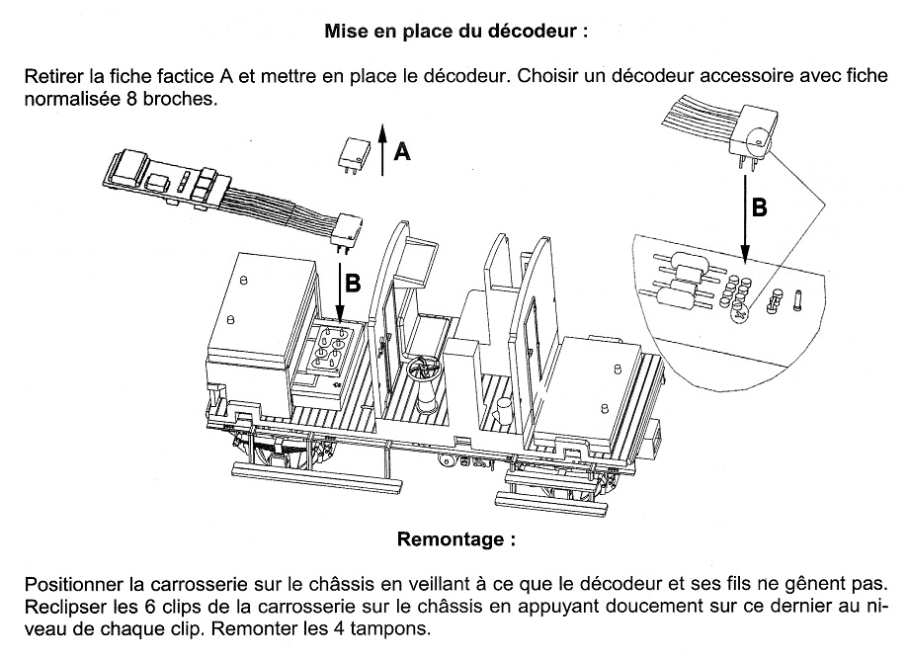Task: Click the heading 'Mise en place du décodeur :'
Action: click(x=455, y=30)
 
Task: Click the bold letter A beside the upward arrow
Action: click(x=402, y=151)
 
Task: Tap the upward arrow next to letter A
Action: click(x=381, y=143)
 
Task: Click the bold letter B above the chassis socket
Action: click(x=352, y=282)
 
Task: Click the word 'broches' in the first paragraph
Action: click(x=181, y=101)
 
